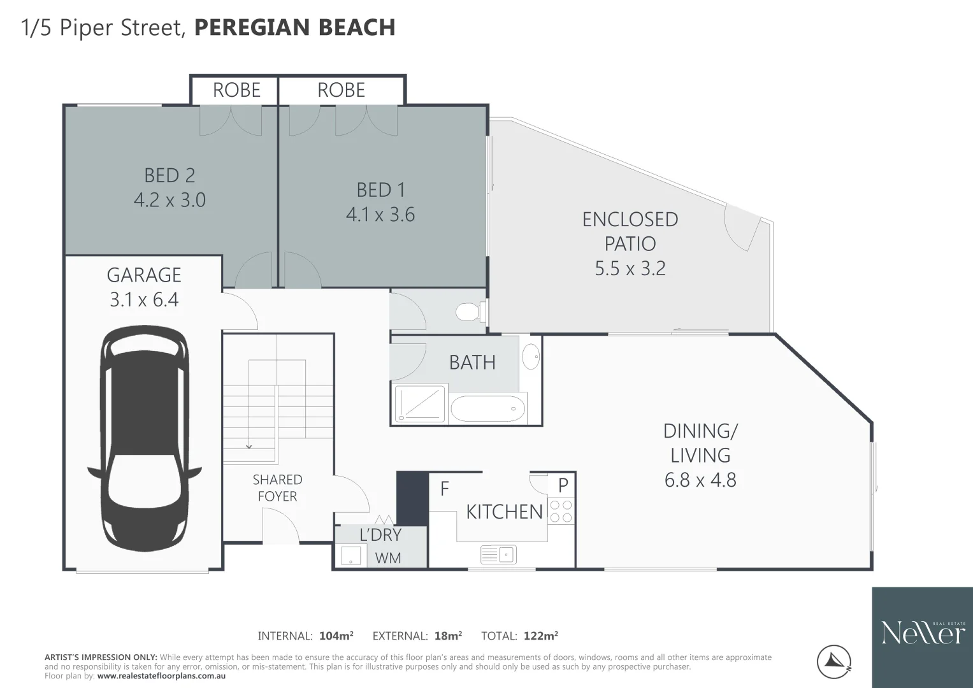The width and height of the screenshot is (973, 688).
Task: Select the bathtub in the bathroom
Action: (488, 408)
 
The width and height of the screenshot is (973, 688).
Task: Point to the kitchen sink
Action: (498, 554)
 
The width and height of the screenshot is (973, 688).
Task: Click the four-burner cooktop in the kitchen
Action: (561, 511)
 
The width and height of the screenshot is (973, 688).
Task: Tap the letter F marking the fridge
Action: (445, 489)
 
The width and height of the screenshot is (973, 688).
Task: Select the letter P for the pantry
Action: (563, 485)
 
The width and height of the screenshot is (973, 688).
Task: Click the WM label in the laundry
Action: (388, 558)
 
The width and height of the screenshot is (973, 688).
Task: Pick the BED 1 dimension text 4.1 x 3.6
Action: (380, 215)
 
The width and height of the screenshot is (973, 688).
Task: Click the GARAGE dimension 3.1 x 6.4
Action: (144, 299)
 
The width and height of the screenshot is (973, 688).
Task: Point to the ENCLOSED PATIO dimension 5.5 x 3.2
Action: (630, 268)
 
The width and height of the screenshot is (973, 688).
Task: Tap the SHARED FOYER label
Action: (277, 488)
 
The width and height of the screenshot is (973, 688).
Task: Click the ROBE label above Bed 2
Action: (236, 90)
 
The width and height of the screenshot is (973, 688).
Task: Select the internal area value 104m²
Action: (336, 636)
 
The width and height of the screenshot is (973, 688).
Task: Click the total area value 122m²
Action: (540, 636)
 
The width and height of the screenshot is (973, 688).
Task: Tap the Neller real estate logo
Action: (923, 633)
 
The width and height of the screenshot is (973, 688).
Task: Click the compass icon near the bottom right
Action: (835, 663)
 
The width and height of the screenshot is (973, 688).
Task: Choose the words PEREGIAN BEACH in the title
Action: (294, 28)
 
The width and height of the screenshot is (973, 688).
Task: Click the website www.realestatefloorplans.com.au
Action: (161, 676)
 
